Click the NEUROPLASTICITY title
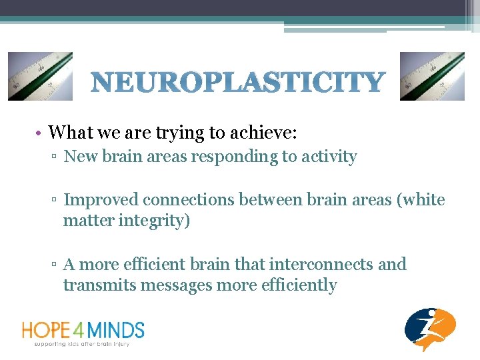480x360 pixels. (237, 83)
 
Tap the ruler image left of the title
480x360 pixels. (40, 77)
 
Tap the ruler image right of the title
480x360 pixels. (432, 77)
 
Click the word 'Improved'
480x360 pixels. (101, 200)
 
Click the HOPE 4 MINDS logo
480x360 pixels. (83, 330)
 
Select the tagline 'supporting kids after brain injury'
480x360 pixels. (83, 343)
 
